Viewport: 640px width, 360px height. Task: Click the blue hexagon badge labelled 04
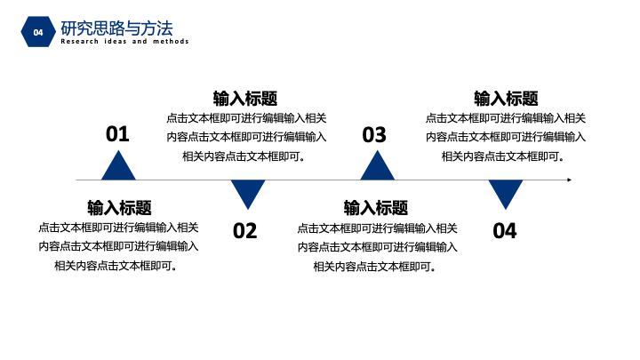(x=38, y=32)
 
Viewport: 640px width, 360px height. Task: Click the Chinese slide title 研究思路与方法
(x=116, y=28)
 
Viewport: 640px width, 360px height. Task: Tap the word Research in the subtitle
(x=80, y=41)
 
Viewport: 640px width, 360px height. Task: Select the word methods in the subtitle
(x=171, y=41)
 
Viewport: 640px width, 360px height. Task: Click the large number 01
(x=117, y=134)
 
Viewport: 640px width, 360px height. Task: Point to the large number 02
(x=245, y=230)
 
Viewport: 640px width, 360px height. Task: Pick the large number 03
(x=374, y=135)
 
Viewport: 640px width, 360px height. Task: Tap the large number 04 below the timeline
(x=505, y=230)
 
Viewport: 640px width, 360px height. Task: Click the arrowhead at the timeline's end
(x=570, y=180)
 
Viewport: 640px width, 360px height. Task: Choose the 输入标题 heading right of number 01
(x=245, y=99)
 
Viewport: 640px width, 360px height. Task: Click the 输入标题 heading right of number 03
(x=506, y=99)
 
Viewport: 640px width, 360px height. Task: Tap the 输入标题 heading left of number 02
(x=119, y=208)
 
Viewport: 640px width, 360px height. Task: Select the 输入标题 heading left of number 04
(x=375, y=208)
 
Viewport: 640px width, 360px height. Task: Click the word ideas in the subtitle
(x=116, y=41)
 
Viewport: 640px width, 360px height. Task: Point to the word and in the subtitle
(x=140, y=41)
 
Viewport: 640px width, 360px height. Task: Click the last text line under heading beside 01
(x=244, y=156)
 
